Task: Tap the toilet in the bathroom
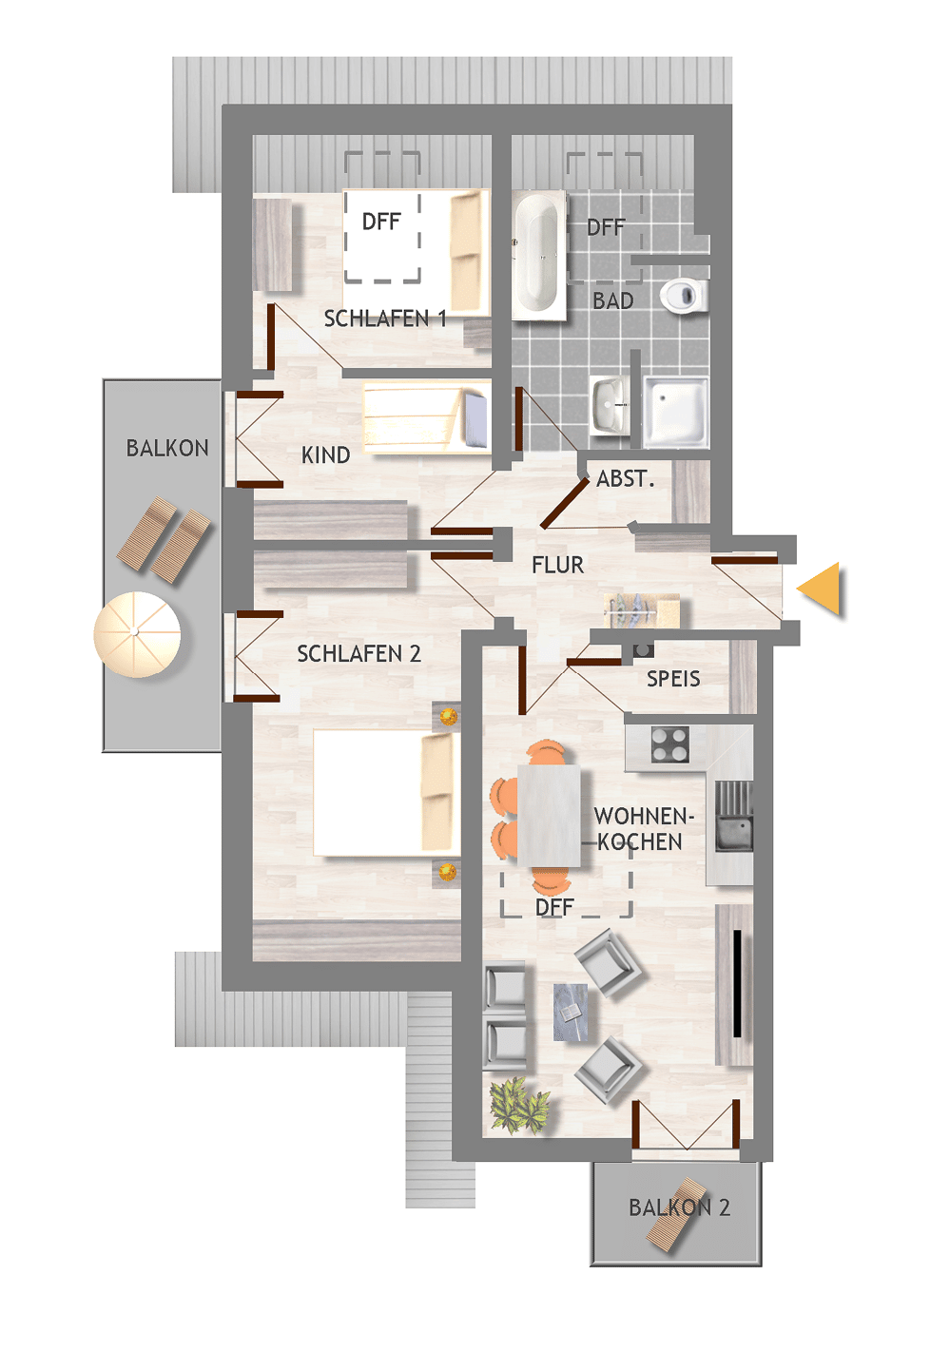683,295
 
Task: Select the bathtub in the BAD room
539,256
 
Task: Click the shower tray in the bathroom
675,413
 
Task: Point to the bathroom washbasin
609,404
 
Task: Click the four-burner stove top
670,744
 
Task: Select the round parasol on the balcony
137,634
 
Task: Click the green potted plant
519,1107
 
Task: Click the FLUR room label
557,566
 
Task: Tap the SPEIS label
673,679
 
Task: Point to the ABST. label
626,479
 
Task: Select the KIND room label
326,455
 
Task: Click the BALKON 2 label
679,1207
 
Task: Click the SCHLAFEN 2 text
359,654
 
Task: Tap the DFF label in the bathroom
606,227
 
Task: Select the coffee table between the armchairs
571,1013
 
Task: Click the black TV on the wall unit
737,983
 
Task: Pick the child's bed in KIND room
427,417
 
